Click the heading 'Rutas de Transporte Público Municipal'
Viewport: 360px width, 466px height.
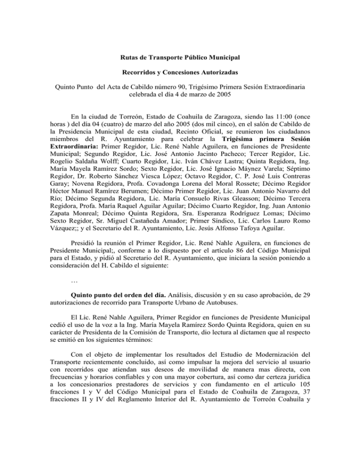click(180, 57)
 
